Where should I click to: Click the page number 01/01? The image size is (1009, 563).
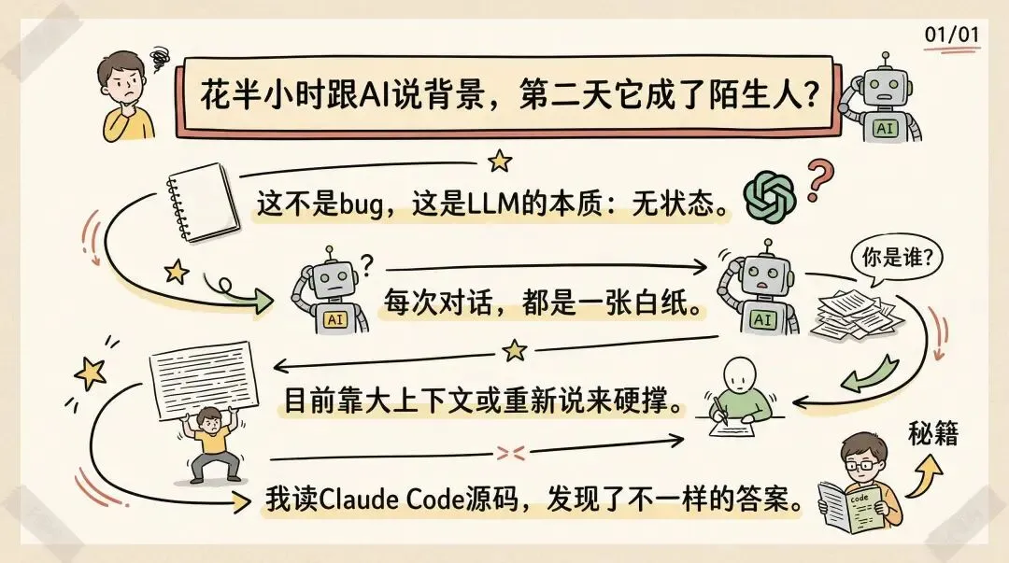point(952,35)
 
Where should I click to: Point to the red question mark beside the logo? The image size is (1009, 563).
point(819,182)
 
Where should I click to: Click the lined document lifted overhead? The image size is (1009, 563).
point(202,378)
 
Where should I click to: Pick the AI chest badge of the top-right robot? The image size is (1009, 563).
point(884,128)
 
